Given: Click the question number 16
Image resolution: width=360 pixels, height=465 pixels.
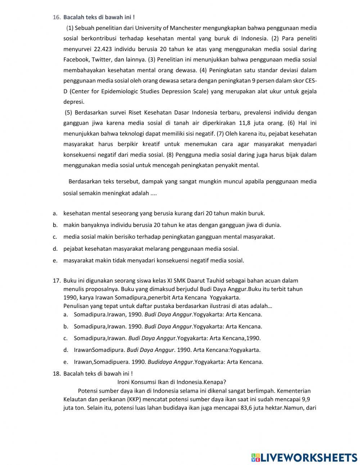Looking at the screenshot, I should coord(56,17).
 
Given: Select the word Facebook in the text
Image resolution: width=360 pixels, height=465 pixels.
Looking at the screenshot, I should coord(76,59).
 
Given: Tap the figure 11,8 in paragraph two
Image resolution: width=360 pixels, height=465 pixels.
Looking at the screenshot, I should coord(246,123).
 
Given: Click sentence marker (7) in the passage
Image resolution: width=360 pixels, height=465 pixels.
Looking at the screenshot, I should coord(220,134).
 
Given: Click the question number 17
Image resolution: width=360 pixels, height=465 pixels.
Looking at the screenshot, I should coord(57,281).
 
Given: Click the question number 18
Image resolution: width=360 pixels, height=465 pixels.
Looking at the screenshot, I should coord(57,374).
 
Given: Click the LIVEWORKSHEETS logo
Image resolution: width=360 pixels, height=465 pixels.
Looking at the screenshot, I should coord(304,457).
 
